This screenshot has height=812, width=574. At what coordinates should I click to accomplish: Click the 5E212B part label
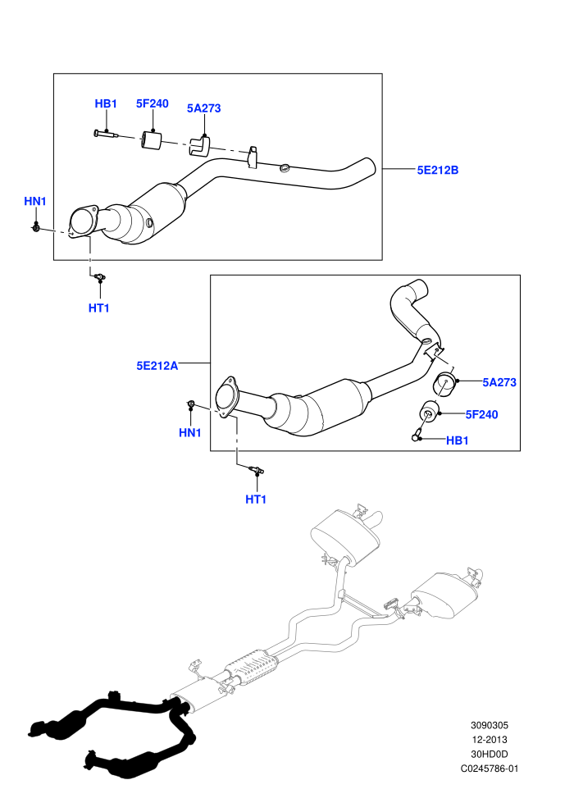point(438,170)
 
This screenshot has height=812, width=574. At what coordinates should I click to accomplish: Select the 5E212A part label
point(157,366)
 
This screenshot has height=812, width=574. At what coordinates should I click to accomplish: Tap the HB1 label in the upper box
point(106,103)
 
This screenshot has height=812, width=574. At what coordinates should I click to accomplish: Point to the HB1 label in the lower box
point(457,440)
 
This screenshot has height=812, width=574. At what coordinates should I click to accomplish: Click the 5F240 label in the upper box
point(153,103)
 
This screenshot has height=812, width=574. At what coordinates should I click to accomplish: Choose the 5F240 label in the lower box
point(481,414)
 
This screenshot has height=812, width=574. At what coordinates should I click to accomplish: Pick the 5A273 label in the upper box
point(203,108)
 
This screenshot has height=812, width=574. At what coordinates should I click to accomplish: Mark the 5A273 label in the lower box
point(499,382)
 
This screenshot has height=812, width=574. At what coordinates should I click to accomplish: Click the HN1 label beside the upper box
point(35,201)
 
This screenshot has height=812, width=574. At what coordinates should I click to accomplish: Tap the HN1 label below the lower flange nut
point(190,432)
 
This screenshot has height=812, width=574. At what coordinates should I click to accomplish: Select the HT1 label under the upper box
point(99,308)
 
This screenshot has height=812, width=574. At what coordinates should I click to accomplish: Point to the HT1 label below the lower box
point(256,500)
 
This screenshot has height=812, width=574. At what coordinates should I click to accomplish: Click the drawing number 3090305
point(489,726)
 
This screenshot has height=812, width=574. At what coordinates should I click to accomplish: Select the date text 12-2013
point(489,740)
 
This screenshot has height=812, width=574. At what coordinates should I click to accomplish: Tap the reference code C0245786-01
point(489,769)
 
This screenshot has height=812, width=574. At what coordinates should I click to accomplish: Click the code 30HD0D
point(489,755)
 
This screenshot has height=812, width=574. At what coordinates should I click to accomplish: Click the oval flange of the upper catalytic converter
point(83,221)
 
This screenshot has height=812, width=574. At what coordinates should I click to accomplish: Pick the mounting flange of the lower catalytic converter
point(226,397)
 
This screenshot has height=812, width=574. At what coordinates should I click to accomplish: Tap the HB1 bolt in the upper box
point(106,135)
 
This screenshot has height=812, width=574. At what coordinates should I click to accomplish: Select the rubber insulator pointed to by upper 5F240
point(151,140)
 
